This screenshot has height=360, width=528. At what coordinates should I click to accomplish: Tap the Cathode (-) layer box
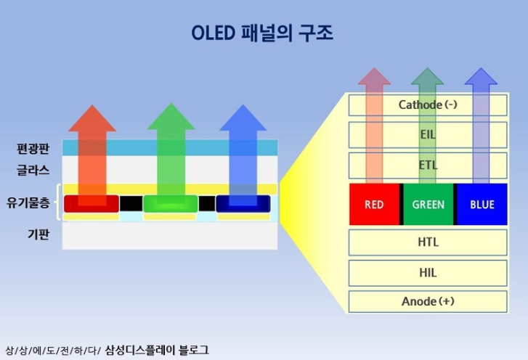point(428,105)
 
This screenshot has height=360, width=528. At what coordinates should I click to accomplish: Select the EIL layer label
point(428,134)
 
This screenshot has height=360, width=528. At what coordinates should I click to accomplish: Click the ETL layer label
point(428,165)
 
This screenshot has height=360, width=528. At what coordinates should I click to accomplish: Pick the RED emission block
point(374,205)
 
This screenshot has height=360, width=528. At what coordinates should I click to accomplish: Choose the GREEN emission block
point(428,205)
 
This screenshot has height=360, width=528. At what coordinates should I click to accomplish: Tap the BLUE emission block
point(482,205)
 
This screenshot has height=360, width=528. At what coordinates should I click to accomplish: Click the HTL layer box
point(428,242)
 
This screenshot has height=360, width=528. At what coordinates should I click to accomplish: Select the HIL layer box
point(428,273)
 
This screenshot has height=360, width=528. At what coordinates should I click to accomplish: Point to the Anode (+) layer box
point(428,301)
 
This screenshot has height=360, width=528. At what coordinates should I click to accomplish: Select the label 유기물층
point(28,203)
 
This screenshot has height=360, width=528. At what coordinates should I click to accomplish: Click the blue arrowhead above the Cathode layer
point(481,78)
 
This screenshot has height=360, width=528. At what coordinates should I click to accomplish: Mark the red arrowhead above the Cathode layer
point(374,78)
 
